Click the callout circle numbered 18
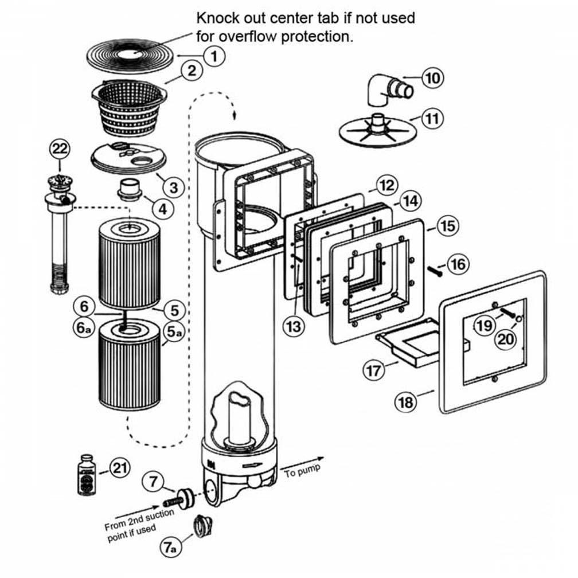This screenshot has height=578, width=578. (x=405, y=402)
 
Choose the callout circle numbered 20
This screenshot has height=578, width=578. (x=505, y=339)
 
